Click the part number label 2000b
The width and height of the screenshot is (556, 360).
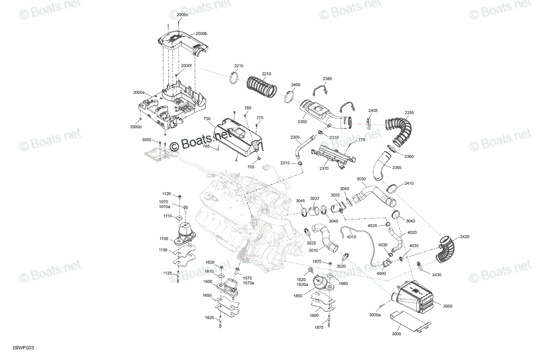[x=201, y=33]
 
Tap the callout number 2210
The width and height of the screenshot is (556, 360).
[x=266, y=74]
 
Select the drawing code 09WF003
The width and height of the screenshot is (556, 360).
[x=23, y=348]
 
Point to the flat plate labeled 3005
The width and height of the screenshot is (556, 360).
[x=410, y=322]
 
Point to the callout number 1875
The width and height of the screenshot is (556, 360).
[x=319, y=328]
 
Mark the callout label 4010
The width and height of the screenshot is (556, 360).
[x=351, y=237]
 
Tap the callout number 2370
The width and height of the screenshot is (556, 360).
[x=324, y=169]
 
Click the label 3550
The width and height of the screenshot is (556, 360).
[x=146, y=140]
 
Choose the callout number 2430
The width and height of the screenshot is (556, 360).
[x=436, y=275]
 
